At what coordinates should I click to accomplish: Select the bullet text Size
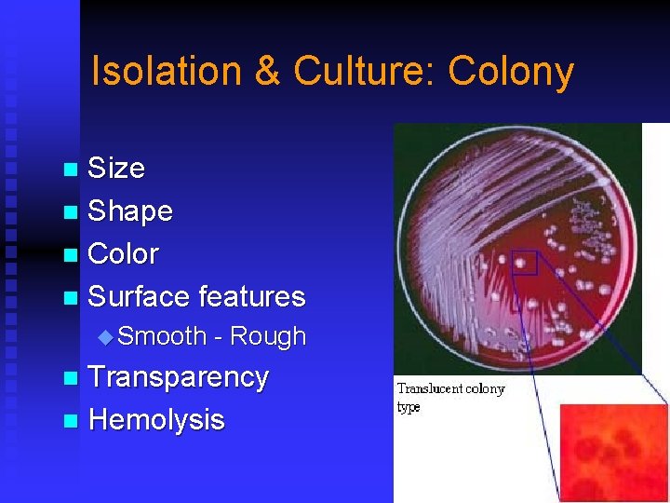point(116,169)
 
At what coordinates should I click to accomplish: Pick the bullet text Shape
point(130,211)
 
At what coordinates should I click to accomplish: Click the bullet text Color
point(123,253)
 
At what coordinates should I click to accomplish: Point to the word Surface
point(139,296)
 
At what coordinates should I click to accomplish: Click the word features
point(251,296)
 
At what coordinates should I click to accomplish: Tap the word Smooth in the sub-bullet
point(162,336)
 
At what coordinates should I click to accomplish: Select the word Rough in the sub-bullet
point(267,336)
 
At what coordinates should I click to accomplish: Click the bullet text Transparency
point(178,377)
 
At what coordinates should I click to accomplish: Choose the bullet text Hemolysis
point(156,420)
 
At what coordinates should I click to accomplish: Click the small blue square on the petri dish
point(525,263)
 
